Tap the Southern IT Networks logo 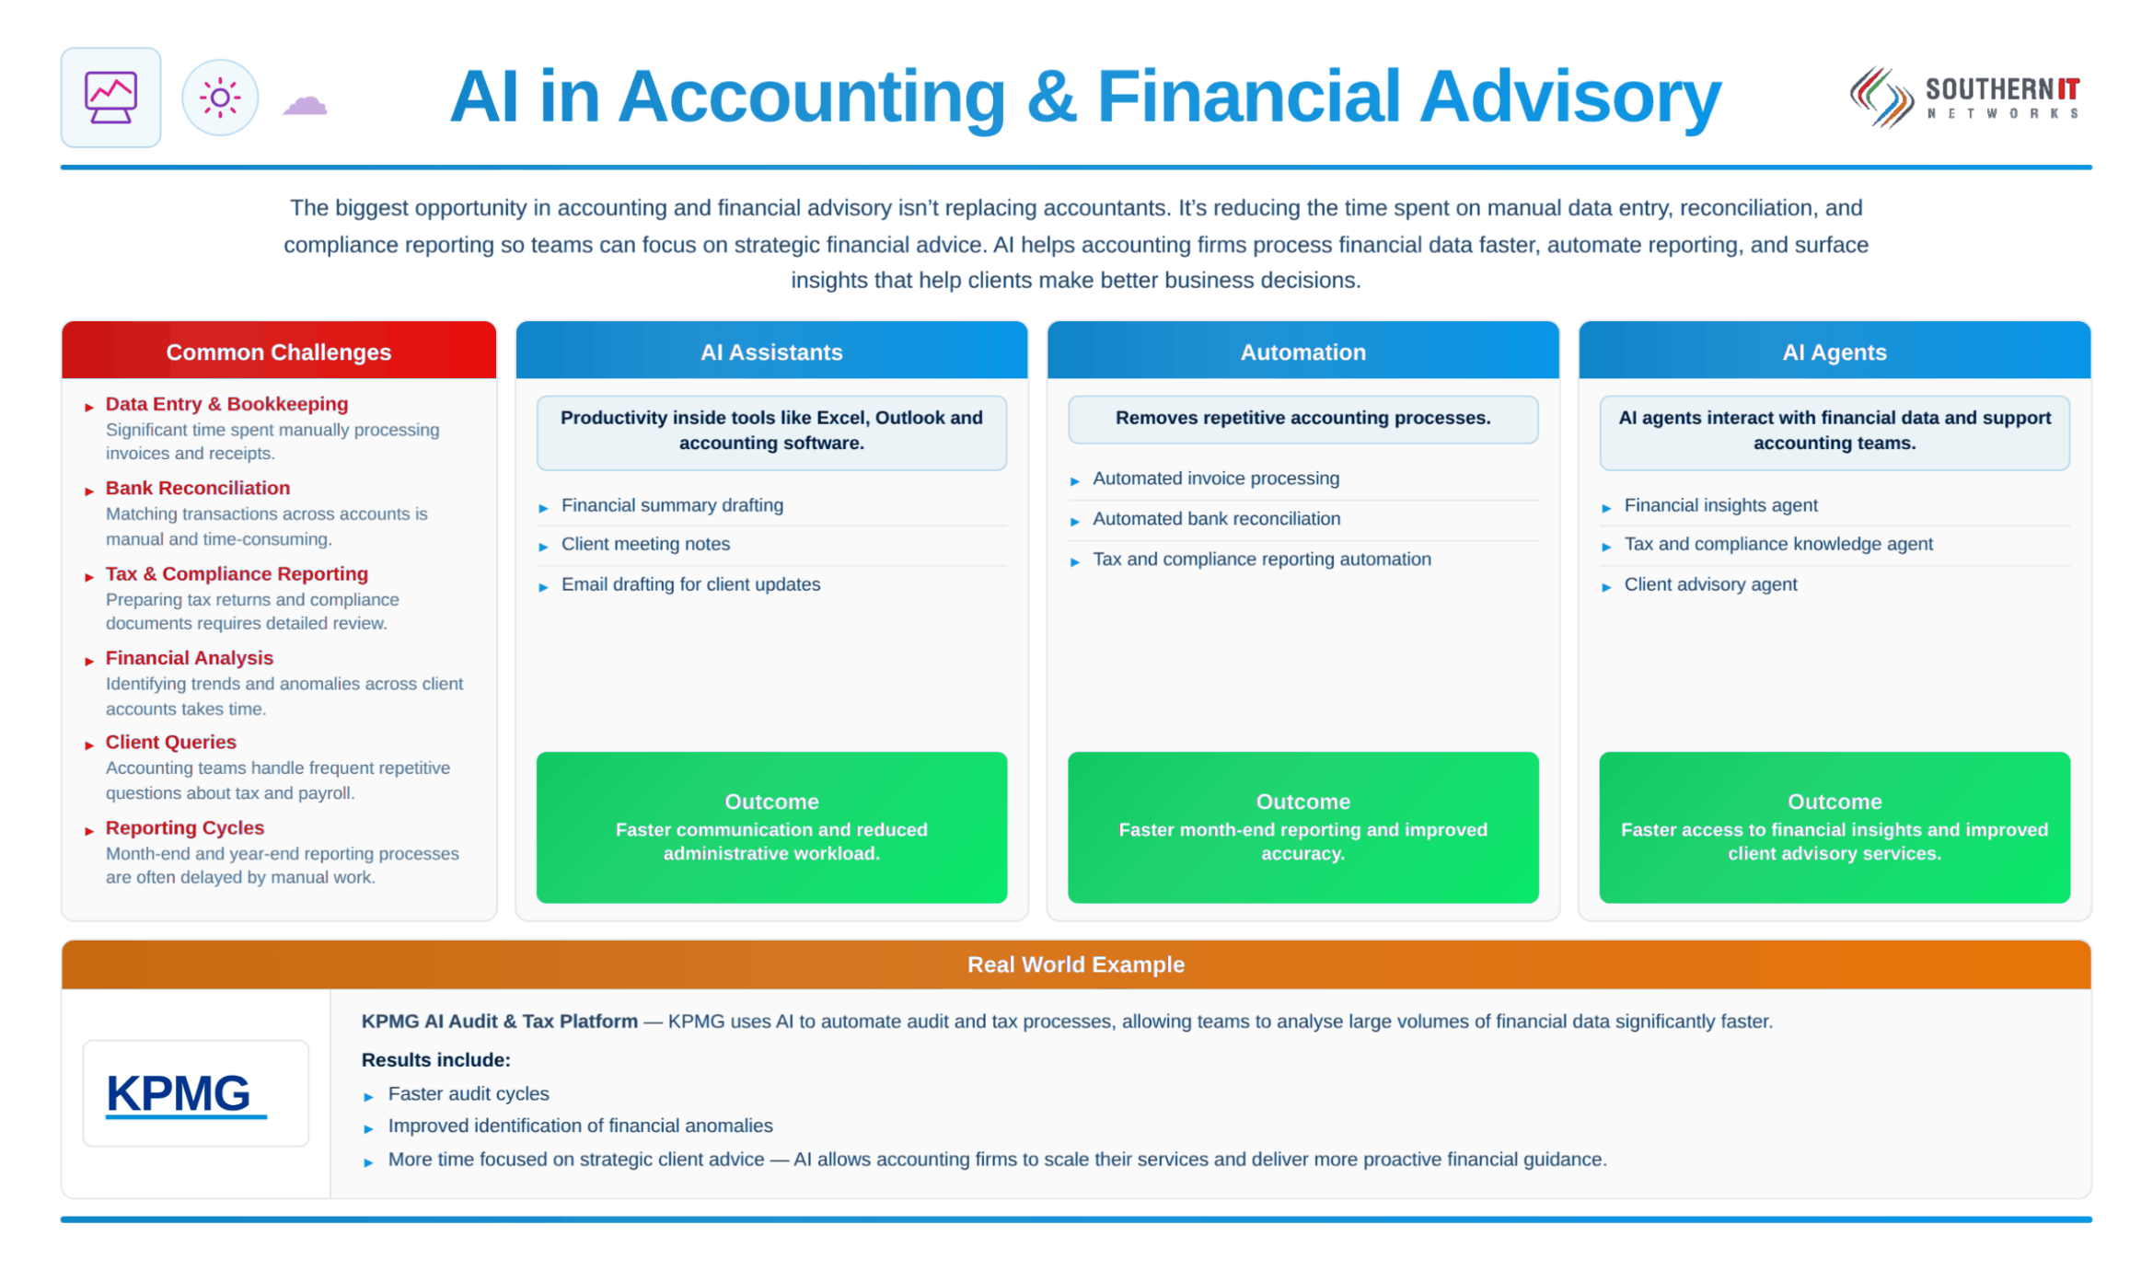tap(1964, 97)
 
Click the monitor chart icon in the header tap(110, 98)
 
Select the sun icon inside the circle tap(220, 98)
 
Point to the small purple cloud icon tap(305, 105)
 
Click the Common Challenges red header tap(279, 351)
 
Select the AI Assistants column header tap(771, 351)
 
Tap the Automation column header tap(1302, 351)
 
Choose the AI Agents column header tap(1834, 351)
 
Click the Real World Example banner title tap(1075, 964)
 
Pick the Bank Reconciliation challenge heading tap(198, 488)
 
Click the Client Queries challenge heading tap(170, 742)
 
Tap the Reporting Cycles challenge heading tap(184, 827)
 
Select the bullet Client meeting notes tap(645, 544)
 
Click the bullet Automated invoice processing tap(1215, 479)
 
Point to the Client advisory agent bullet tap(1709, 584)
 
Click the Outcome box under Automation tap(1302, 827)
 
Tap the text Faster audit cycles tap(468, 1093)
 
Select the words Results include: tap(435, 1059)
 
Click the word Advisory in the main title tap(1570, 97)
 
